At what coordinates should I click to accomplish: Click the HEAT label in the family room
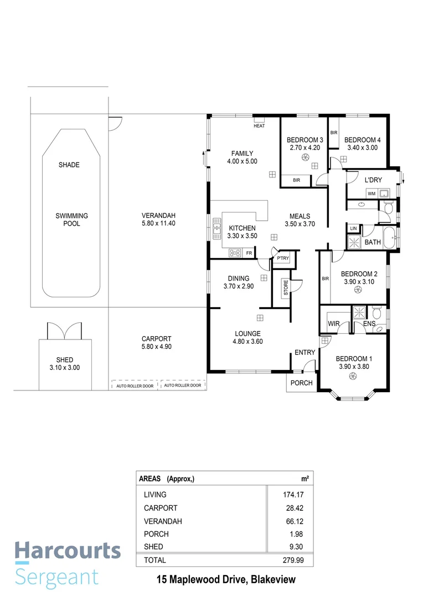(259, 126)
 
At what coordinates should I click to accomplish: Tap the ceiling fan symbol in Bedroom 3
(305, 158)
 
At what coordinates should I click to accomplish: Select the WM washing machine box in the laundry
(371, 193)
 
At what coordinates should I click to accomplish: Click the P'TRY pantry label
(283, 258)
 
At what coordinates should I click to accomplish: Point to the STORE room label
(286, 288)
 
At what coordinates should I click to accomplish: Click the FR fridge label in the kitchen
(249, 253)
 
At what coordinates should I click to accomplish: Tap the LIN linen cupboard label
(353, 229)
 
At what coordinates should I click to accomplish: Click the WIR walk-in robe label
(333, 323)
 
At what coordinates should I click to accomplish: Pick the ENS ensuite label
(369, 323)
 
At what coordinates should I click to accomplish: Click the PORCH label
(302, 383)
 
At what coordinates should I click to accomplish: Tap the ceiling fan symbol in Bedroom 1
(352, 377)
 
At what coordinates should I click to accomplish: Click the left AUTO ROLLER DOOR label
(135, 385)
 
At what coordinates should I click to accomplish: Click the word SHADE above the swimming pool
(69, 165)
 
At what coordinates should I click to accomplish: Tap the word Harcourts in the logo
(67, 551)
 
